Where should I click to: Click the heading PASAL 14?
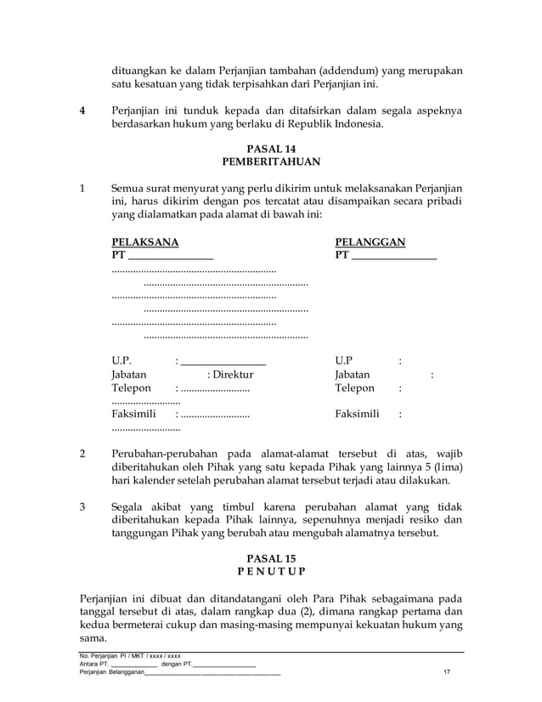[270, 150]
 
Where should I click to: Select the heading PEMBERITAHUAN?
[270, 163]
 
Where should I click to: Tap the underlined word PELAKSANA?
[144, 242]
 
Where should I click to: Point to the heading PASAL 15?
[270, 558]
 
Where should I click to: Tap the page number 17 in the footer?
[447, 674]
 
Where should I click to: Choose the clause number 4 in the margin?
[82, 110]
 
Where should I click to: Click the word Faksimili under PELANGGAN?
[358, 416]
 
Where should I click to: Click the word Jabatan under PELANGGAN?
[352, 374]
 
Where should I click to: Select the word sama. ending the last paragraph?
[92, 638]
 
